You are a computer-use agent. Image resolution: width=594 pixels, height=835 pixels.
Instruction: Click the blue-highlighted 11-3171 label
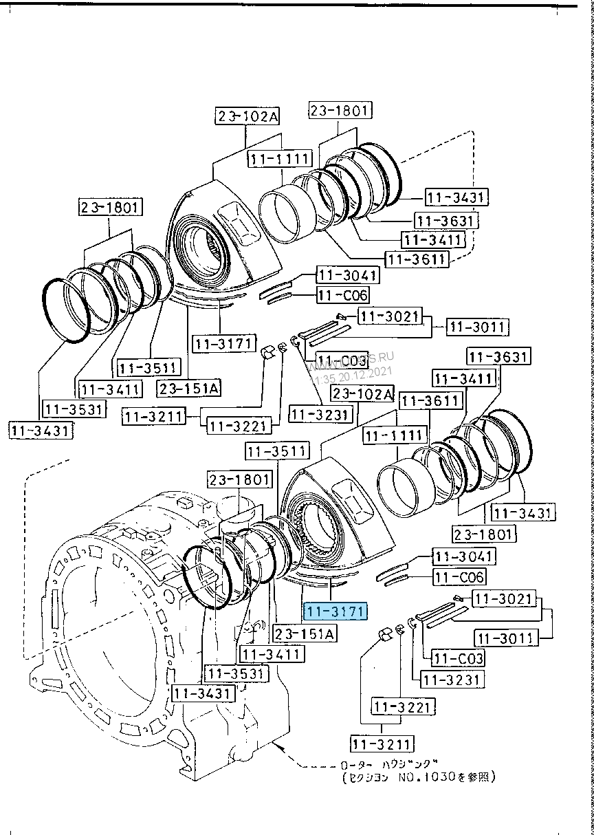click(x=337, y=611)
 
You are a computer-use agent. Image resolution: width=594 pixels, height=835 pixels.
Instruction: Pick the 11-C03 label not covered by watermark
click(x=458, y=658)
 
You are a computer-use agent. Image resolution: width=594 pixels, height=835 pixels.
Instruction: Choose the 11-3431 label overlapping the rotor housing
click(x=203, y=693)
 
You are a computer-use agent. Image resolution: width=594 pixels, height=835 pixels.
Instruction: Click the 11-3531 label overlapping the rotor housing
click(x=238, y=673)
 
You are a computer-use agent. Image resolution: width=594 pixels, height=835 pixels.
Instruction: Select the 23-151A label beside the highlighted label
click(x=304, y=633)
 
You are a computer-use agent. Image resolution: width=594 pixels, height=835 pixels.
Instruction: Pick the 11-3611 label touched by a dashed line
click(x=417, y=259)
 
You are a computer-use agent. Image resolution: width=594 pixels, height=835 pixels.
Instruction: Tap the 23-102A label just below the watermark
click(x=362, y=394)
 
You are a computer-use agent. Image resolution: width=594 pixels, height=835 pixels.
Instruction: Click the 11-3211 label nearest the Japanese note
click(x=381, y=744)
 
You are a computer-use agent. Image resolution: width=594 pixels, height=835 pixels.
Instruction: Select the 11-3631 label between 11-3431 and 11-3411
click(x=447, y=220)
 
